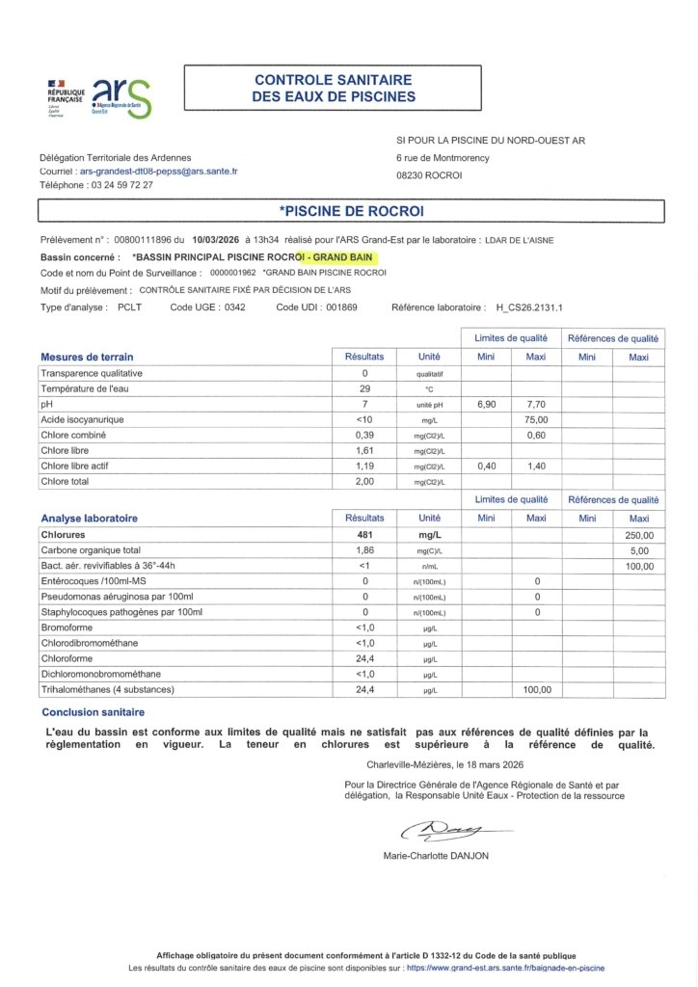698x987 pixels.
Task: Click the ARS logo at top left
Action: (x=121, y=97)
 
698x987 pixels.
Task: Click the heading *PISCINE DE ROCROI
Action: (x=351, y=210)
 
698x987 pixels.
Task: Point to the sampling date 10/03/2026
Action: (x=216, y=240)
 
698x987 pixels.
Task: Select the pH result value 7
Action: (x=364, y=404)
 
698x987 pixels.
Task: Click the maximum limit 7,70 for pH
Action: (x=536, y=404)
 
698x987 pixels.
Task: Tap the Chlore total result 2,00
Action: (x=364, y=481)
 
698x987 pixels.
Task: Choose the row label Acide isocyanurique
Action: (x=82, y=420)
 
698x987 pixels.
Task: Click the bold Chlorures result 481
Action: (x=364, y=534)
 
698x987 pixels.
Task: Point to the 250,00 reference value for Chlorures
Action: (x=639, y=535)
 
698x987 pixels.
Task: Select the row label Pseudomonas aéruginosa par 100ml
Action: (x=117, y=597)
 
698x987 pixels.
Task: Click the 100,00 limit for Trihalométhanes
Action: (x=536, y=689)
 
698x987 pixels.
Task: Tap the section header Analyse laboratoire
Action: (x=89, y=518)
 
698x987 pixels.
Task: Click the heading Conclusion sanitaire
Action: (x=93, y=712)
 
